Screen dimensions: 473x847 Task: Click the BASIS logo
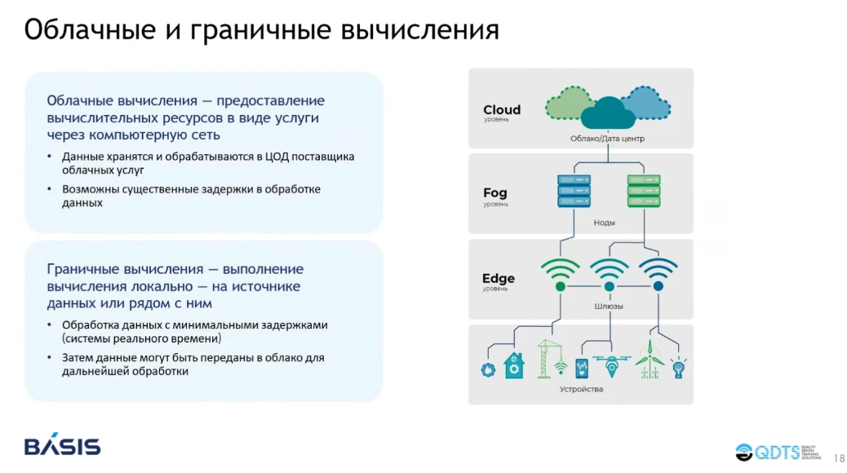point(62,446)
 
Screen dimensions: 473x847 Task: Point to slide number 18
point(839,458)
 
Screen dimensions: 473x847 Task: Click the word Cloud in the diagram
point(501,110)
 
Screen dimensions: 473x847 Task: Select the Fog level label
point(494,193)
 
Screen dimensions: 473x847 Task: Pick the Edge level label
point(498,279)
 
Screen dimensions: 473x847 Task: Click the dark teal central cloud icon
point(608,113)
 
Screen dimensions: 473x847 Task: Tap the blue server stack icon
point(574,190)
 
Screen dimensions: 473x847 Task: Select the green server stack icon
point(643,190)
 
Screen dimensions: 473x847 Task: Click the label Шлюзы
point(608,307)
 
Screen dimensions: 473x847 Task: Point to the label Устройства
point(581,389)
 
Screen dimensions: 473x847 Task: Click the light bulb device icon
point(677,368)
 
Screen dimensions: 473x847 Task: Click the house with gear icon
point(514,365)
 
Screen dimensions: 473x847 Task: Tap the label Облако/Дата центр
point(607,139)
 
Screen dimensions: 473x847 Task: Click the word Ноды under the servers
point(605,223)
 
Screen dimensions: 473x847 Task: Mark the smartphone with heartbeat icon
point(582,369)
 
